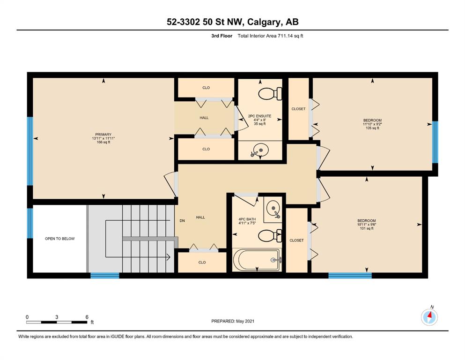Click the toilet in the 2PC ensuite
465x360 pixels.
click(270, 93)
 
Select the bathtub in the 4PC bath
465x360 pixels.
click(257, 260)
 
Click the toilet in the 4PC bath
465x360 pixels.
click(270, 236)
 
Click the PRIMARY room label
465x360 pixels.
click(103, 135)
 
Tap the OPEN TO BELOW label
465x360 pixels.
click(59, 239)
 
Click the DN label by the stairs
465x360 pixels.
click(182, 220)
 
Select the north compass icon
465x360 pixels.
click(429, 317)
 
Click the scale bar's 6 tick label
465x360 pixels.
click(87, 317)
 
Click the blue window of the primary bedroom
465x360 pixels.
click(30, 151)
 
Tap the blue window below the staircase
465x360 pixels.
click(105, 276)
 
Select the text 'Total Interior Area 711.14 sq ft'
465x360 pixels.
click(270, 36)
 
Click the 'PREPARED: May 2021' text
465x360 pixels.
click(233, 321)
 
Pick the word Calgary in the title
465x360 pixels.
click(264, 22)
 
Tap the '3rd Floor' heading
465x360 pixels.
click(222, 36)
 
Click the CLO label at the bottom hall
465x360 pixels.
click(202, 262)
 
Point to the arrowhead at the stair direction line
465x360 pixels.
click(169, 257)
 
